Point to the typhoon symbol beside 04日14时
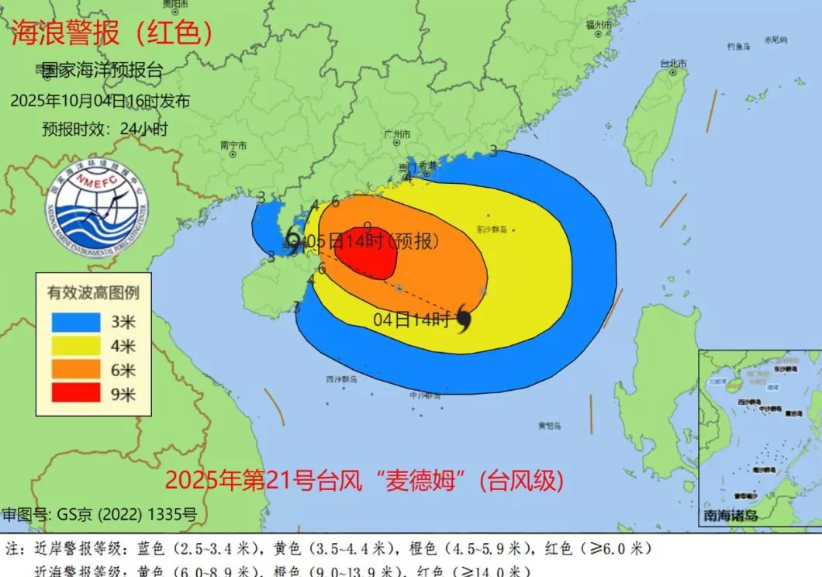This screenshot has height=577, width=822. [465, 318]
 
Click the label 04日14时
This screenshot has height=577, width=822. [411, 319]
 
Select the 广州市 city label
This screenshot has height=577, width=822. [397, 134]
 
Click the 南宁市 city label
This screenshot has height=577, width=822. [233, 145]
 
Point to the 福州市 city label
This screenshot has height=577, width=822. [599, 25]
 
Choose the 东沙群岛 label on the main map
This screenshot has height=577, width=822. [492, 230]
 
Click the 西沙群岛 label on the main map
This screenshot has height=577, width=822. [341, 379]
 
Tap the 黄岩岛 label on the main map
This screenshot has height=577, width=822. [550, 425]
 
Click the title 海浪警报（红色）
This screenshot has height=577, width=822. [112, 33]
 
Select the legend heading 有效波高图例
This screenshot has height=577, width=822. [93, 293]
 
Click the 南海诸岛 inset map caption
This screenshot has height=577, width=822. [730, 516]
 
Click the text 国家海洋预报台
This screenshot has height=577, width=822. [102, 70]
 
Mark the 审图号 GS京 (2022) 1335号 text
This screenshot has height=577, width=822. [99, 514]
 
